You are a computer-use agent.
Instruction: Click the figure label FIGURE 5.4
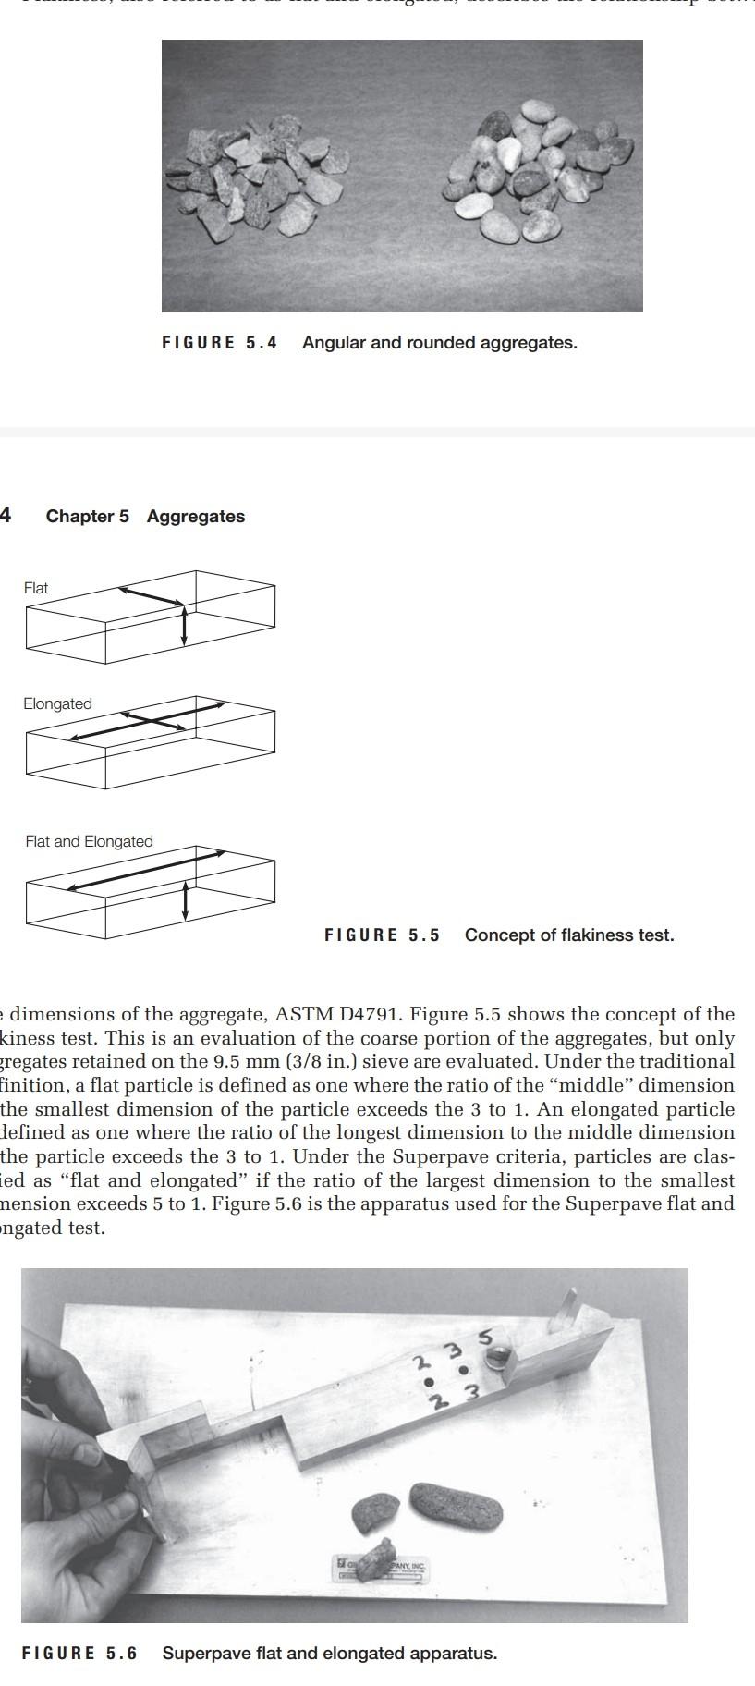click(219, 343)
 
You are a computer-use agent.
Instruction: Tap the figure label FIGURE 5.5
click(382, 935)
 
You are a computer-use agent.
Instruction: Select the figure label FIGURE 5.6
click(79, 1654)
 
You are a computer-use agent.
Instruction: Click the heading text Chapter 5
click(88, 517)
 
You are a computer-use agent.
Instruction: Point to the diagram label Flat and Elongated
click(89, 842)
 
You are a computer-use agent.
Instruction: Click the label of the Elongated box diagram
click(57, 704)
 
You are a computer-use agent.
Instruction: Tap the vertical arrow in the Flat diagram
click(185, 626)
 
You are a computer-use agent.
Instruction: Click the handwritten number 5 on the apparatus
click(484, 1338)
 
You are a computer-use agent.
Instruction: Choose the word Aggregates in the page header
click(196, 517)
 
